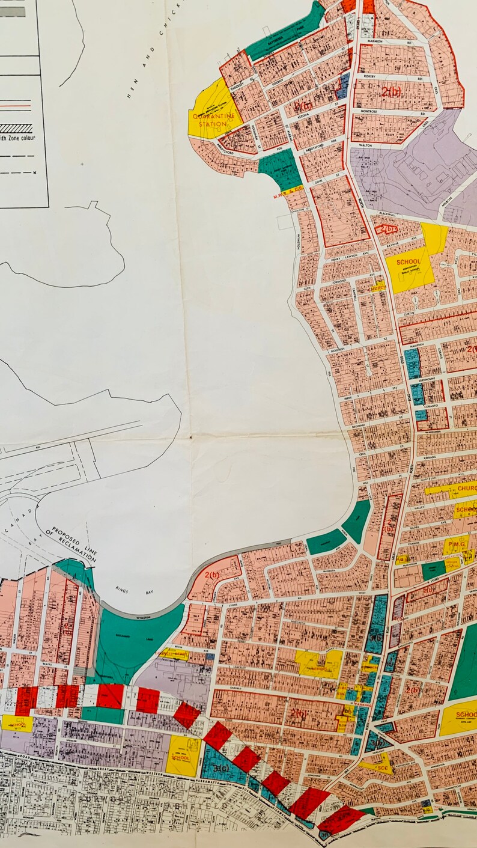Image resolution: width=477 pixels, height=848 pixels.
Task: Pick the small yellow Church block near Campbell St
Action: click(378, 287)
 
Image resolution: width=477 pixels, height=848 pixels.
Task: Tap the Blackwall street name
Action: click(389, 214)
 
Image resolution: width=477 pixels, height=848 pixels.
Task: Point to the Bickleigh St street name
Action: click(339, 349)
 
